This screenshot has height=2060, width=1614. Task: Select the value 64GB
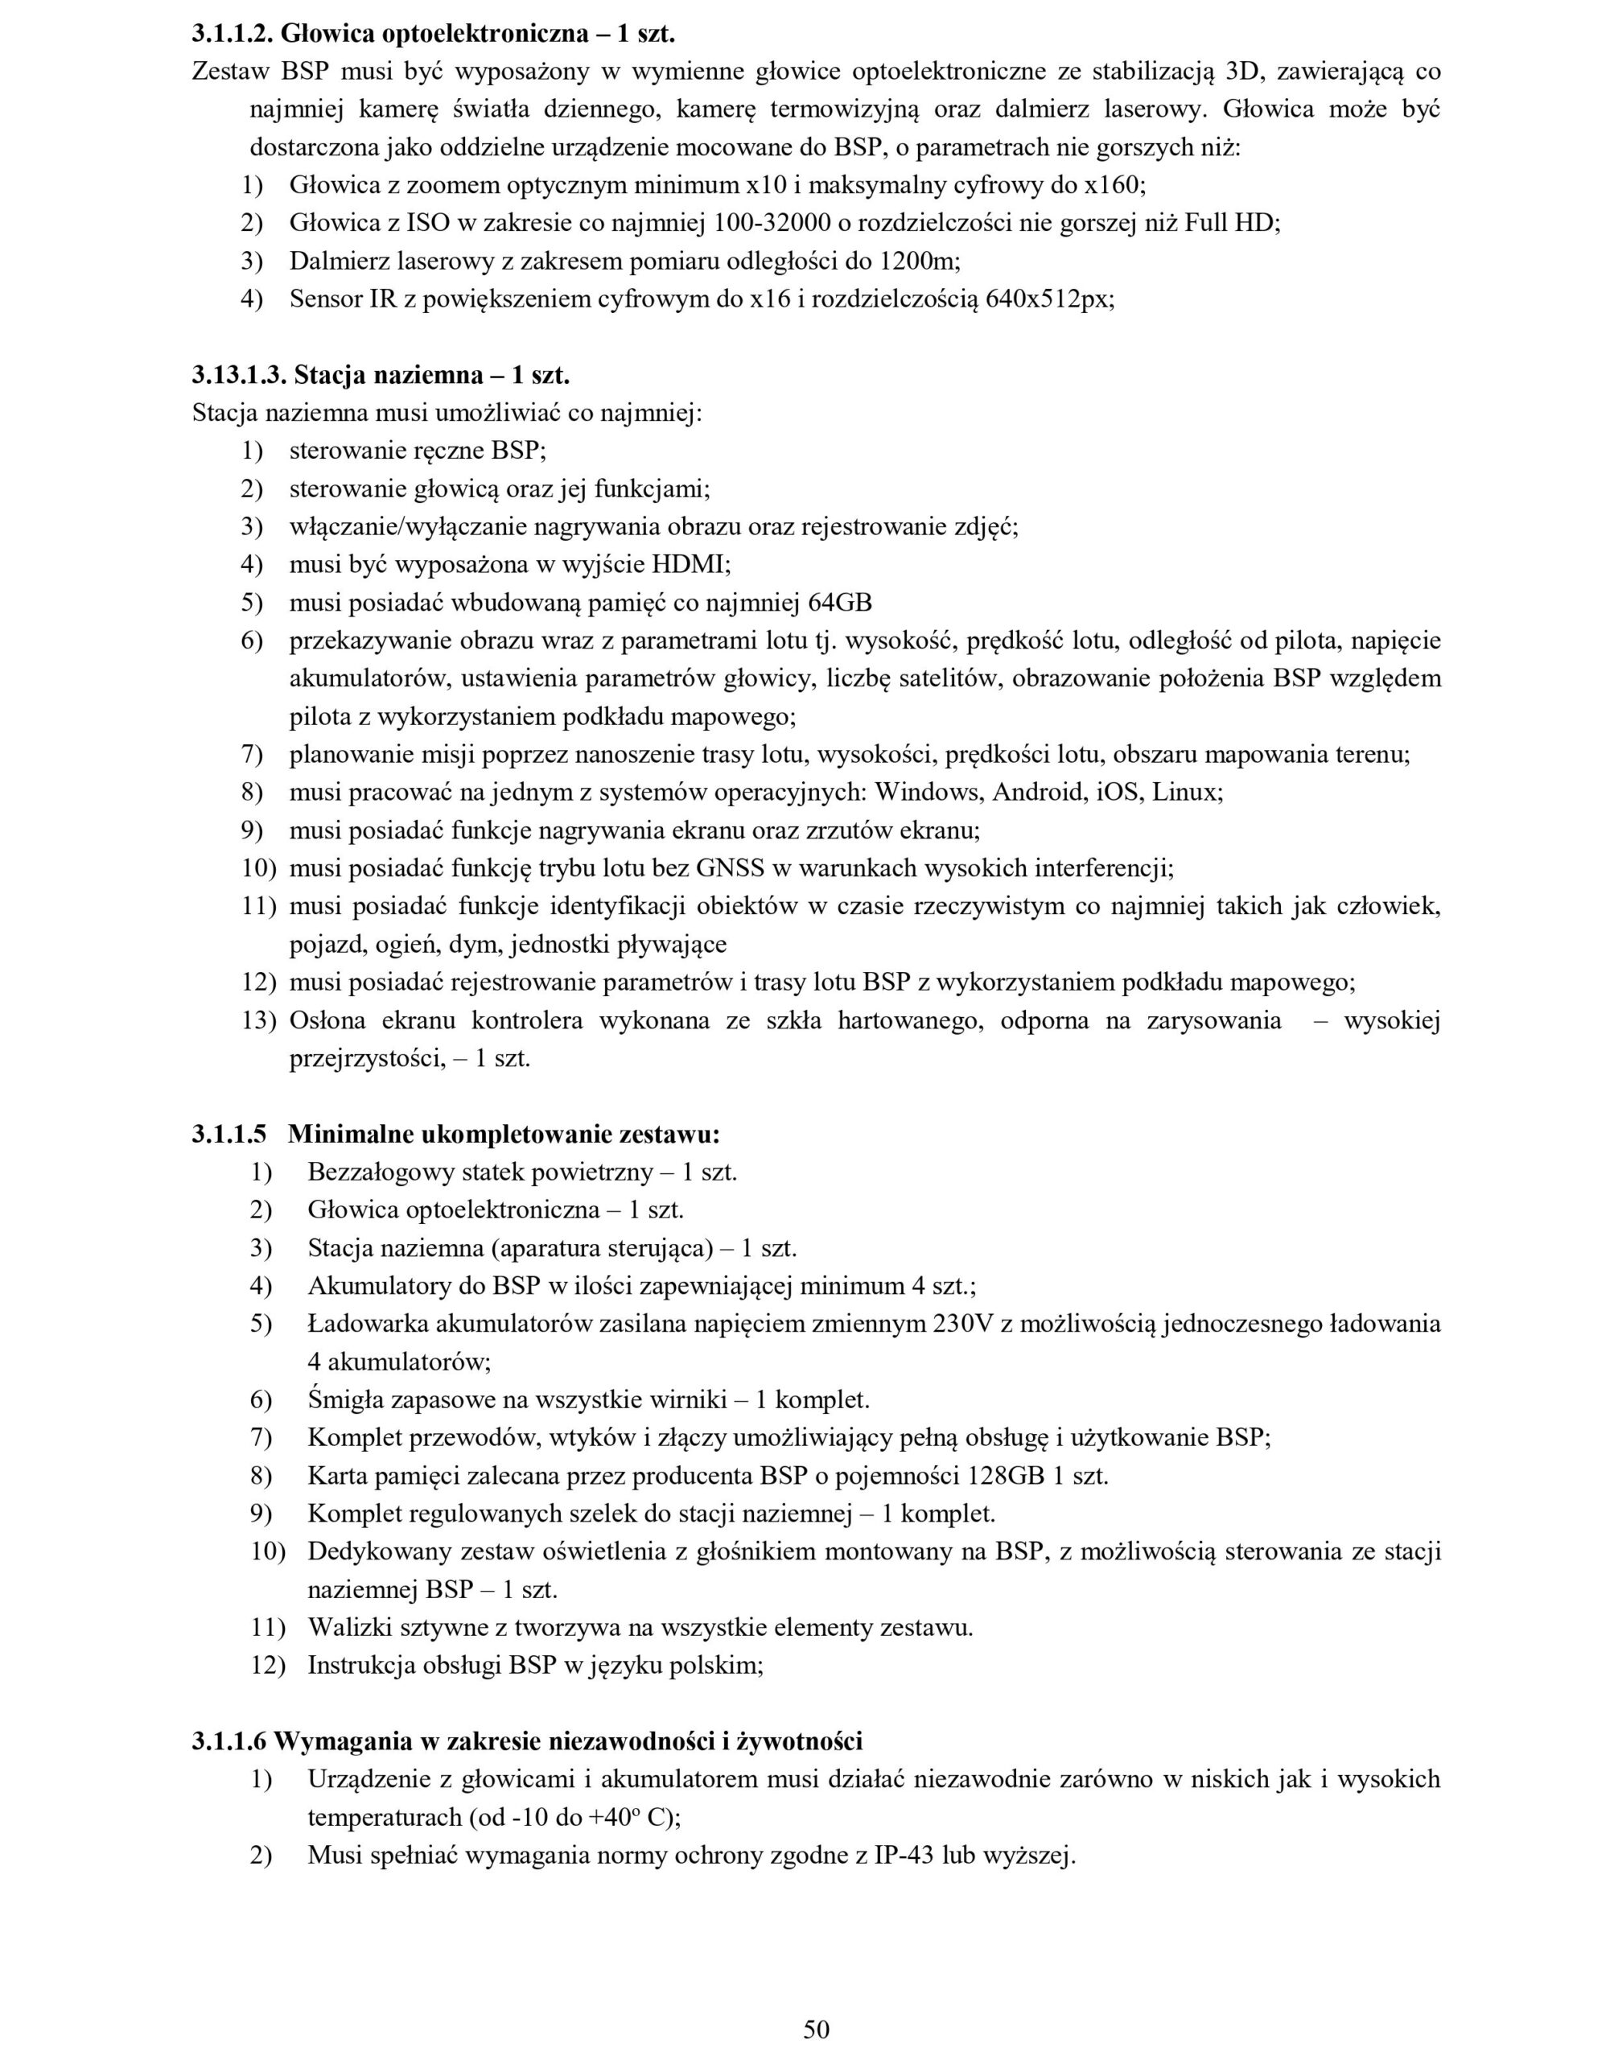841,603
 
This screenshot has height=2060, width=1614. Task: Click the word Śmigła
343,1399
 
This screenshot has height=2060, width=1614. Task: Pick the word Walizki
345,1628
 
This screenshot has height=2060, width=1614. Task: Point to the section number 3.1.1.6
229,1741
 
